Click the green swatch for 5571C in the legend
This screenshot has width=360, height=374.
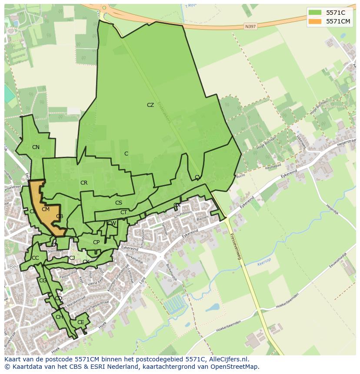315,13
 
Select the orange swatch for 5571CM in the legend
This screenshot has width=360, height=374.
315,21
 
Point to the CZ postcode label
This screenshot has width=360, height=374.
150,105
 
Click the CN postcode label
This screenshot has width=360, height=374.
36,147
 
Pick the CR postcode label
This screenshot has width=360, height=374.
84,183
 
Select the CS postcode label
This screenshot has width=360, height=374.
119,203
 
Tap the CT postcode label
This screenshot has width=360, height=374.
123,212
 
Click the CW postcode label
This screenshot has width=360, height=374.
112,223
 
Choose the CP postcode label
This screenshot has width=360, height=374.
96,242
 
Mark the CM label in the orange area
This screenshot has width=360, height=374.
46,209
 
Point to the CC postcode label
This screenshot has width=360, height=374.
35,258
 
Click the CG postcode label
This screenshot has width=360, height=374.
43,281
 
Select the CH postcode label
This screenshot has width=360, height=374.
59,317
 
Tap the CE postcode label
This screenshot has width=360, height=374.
80,322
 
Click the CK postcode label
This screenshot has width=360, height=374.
86,262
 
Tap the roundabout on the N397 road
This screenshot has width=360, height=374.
103,7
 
